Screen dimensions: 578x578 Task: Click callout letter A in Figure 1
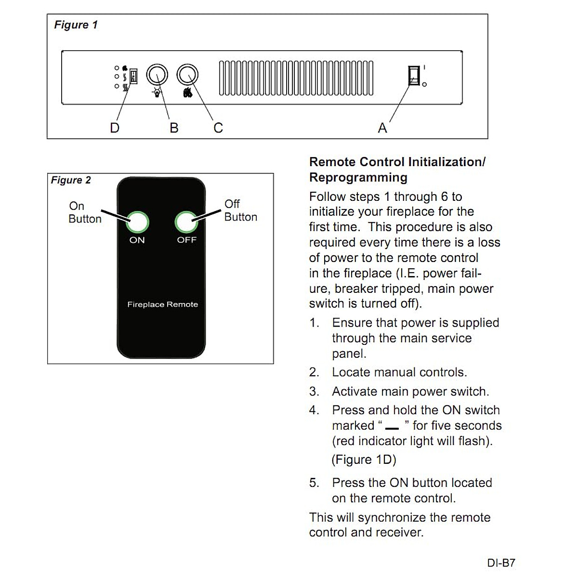pyautogui.click(x=382, y=128)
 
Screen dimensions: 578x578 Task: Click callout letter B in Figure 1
pyautogui.click(x=174, y=128)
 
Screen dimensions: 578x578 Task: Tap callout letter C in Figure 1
pyautogui.click(x=218, y=128)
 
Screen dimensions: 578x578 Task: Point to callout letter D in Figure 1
pyautogui.click(x=115, y=128)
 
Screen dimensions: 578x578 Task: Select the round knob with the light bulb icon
pyautogui.click(x=157, y=76)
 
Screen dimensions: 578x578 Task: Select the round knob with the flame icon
pyautogui.click(x=187, y=76)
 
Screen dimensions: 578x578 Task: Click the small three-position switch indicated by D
pyautogui.click(x=133, y=76)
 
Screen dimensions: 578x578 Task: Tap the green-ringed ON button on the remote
pyautogui.click(x=137, y=222)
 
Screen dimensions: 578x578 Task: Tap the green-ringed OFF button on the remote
pyautogui.click(x=186, y=222)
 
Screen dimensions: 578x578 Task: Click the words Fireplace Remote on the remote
pyautogui.click(x=162, y=304)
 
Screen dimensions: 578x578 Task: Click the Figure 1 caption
pyautogui.click(x=76, y=25)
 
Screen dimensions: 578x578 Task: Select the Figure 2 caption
pyautogui.click(x=71, y=180)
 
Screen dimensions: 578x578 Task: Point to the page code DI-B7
pyautogui.click(x=501, y=563)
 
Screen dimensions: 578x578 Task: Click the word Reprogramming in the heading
pyautogui.click(x=358, y=178)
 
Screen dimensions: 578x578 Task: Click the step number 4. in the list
pyautogui.click(x=314, y=410)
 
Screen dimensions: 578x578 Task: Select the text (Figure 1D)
pyautogui.click(x=364, y=460)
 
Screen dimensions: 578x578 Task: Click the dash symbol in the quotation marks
pyautogui.click(x=392, y=428)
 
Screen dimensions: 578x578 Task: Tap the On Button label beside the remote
pyautogui.click(x=85, y=212)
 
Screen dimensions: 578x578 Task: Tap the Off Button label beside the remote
pyautogui.click(x=240, y=210)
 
